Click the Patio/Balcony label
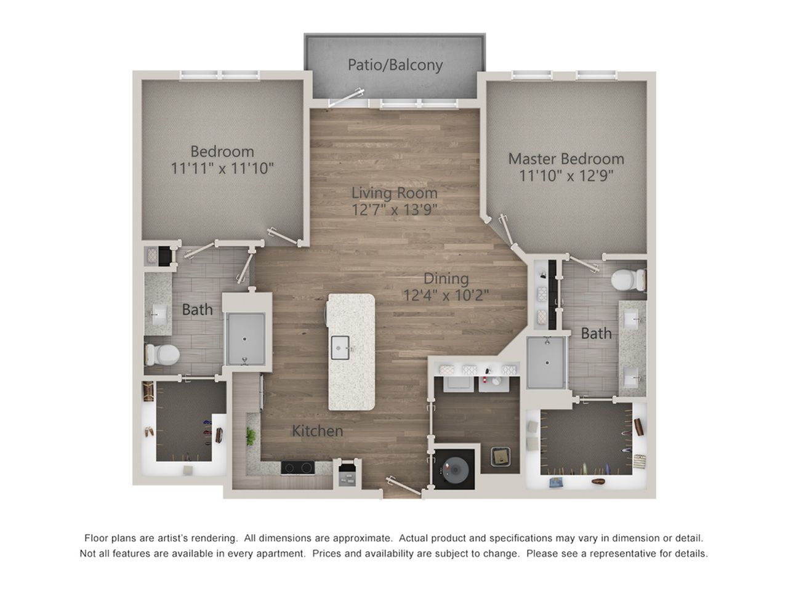coord(395,65)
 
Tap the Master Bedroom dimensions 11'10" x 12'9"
coord(566,176)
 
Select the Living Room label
coord(394,193)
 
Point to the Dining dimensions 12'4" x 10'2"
coord(446,295)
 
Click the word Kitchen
coord(317,431)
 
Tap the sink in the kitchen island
coord(340,348)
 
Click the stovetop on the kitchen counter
coord(297,467)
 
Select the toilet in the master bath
coord(629,279)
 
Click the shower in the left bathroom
coord(246,339)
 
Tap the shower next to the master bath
coord(547,363)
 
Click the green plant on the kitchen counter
coord(251,436)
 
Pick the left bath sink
coord(158,315)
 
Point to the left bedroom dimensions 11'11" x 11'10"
coord(222,168)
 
